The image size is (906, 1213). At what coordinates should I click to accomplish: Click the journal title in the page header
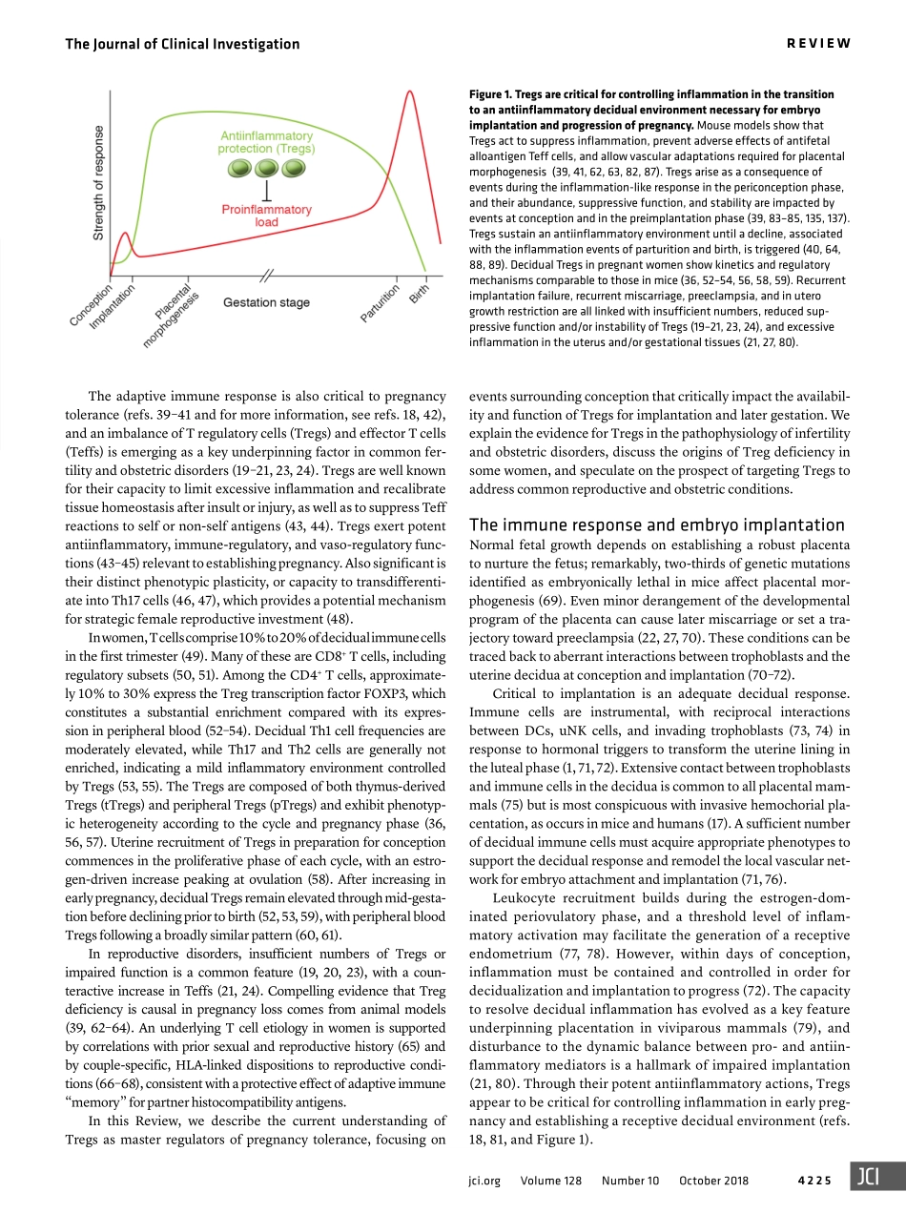pyautogui.click(x=181, y=44)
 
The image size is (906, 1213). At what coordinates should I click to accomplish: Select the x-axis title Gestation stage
pyautogui.click(x=266, y=302)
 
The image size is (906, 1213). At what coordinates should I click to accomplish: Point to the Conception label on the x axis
pyautogui.click(x=92, y=304)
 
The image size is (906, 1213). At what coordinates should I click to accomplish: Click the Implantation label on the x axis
pyautogui.click(x=113, y=308)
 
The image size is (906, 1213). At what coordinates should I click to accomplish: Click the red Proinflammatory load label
pyautogui.click(x=266, y=216)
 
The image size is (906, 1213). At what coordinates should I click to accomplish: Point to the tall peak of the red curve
pyautogui.click(x=409, y=92)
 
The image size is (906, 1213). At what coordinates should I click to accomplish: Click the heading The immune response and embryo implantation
pyautogui.click(x=657, y=524)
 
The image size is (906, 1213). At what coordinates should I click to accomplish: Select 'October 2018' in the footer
pyautogui.click(x=713, y=1181)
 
